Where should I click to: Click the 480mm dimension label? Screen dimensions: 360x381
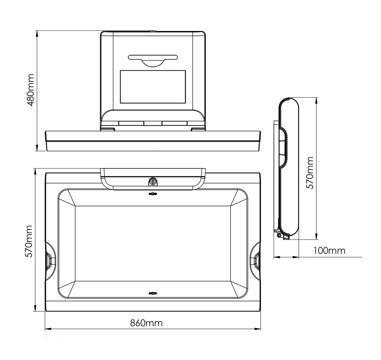click(x=30, y=90)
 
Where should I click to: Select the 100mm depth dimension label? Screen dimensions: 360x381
click(x=329, y=250)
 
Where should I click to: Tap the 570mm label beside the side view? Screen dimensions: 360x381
click(x=310, y=172)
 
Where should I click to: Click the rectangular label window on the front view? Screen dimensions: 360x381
click(x=153, y=87)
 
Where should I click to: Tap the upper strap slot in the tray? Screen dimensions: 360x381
click(x=153, y=194)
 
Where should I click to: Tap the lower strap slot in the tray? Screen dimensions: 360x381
click(x=153, y=293)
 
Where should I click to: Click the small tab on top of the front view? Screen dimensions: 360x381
click(x=153, y=31)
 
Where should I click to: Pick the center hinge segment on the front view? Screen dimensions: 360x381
click(x=153, y=123)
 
